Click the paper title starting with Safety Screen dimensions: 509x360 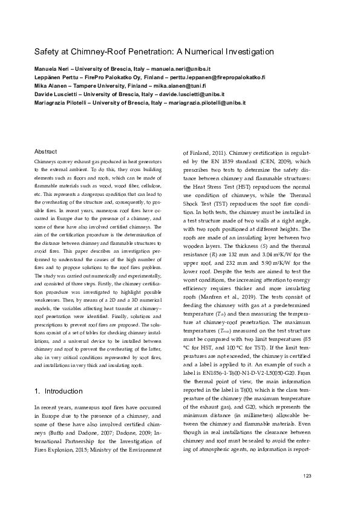pyautogui.click(x=154, y=52)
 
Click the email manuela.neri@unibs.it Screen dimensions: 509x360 pyautogui.click(x=180, y=70)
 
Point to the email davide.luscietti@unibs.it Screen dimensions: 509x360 pyautogui.click(x=190, y=95)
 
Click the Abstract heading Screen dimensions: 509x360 pyautogui.click(x=46, y=152)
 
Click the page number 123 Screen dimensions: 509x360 pyautogui.click(x=307, y=476)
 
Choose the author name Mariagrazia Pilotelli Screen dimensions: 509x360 pyautogui.click(x=62, y=103)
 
